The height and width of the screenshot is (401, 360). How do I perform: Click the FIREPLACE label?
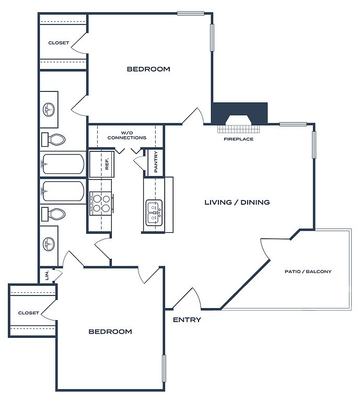tap(238, 139)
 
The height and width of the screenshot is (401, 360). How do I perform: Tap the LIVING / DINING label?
tap(237, 202)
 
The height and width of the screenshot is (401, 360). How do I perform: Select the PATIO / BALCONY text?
tap(308, 272)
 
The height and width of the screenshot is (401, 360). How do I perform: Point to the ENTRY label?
tap(187, 320)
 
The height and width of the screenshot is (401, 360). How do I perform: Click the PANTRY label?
tap(156, 162)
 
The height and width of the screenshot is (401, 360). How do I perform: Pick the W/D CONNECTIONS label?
tap(126, 135)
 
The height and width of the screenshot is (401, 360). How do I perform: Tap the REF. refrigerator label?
tap(107, 164)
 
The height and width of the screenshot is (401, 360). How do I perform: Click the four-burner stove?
tap(101, 203)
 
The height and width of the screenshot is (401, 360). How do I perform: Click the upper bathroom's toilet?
tap(54, 139)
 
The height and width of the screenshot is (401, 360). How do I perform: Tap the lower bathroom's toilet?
tap(54, 214)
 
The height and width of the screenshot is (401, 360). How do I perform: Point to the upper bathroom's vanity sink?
tap(50, 110)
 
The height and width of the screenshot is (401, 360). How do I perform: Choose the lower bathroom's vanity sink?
tap(50, 243)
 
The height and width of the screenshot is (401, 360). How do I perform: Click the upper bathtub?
tap(63, 164)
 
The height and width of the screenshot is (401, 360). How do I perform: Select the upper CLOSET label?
tap(59, 43)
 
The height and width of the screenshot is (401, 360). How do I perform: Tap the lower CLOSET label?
tap(28, 313)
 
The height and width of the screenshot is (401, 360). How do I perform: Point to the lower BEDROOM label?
tap(110, 332)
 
